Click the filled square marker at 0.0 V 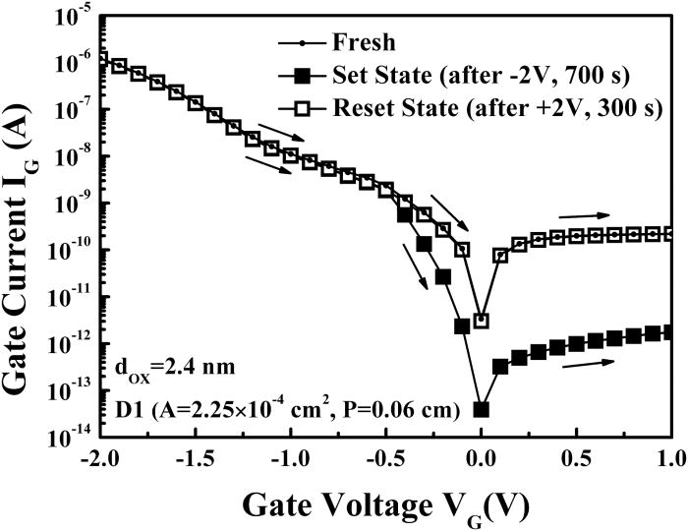[x=482, y=409]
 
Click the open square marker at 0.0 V [x=482, y=321]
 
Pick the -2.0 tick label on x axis [x=100, y=460]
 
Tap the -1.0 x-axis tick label [x=290, y=460]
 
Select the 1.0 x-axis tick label [x=672, y=460]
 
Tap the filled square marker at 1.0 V [x=670, y=332]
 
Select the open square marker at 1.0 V [x=670, y=233]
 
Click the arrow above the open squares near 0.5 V [x=586, y=212]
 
